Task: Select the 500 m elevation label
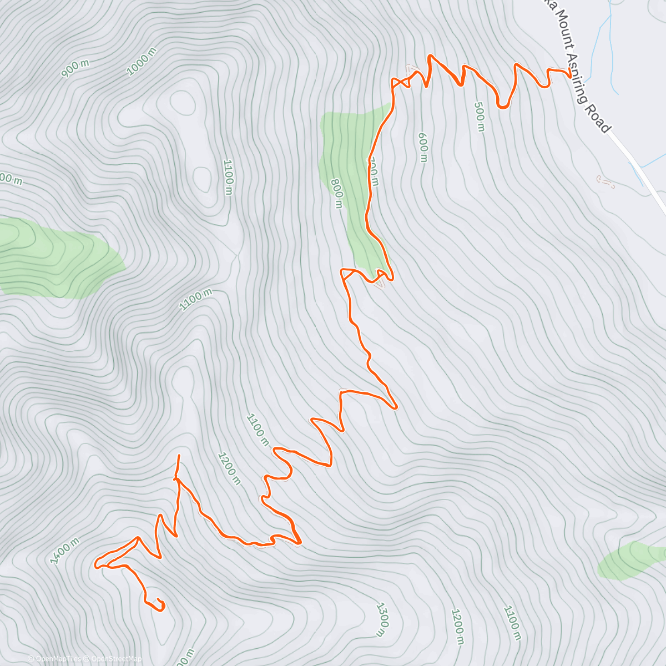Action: pos(480,117)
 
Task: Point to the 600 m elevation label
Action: pos(423,147)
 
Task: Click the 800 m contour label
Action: pos(336,193)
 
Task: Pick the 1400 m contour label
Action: pos(65,551)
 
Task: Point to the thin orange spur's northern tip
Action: pos(179,456)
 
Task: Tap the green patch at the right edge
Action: pos(633,561)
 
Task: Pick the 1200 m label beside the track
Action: pos(229,468)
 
